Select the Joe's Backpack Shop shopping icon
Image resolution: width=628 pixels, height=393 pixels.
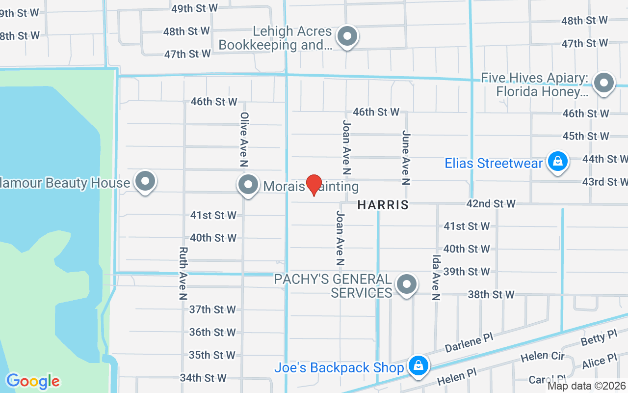click(x=418, y=365)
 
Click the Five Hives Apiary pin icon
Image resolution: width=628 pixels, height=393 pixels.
click(x=604, y=83)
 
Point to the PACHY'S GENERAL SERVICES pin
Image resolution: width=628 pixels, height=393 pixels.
click(x=406, y=284)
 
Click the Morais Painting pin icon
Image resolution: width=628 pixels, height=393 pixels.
click(x=248, y=185)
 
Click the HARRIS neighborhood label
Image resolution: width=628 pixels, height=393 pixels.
click(x=383, y=205)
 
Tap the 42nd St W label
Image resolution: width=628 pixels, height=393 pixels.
click(x=491, y=203)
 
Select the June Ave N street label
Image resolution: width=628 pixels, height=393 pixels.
click(x=406, y=157)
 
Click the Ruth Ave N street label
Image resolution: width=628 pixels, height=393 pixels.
click(x=183, y=273)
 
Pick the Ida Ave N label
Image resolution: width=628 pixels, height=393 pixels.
click(x=436, y=278)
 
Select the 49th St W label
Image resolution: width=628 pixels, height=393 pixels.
click(x=195, y=8)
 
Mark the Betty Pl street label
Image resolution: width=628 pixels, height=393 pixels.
click(x=599, y=337)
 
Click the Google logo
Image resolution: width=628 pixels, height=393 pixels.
click(x=33, y=381)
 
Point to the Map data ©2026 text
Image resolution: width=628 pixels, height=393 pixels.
click(x=586, y=386)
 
